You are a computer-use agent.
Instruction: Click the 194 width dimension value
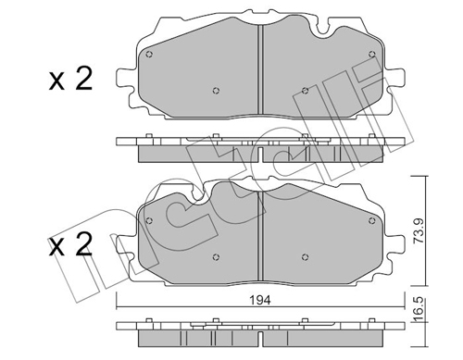pyautogui.click(x=260, y=300)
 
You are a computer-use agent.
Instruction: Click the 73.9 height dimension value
pyautogui.click(x=419, y=231)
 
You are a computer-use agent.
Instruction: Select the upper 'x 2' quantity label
pyautogui.click(x=70, y=79)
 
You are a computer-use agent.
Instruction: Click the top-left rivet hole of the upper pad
pyautogui.click(x=149, y=55)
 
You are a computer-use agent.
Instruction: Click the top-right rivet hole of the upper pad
pyautogui.click(x=372, y=55)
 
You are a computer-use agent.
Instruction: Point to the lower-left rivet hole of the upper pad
pyautogui.click(x=216, y=91)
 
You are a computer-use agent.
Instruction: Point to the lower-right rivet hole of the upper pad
pyautogui.click(x=305, y=91)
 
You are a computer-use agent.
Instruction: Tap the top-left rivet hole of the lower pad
pyautogui.click(x=149, y=220)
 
